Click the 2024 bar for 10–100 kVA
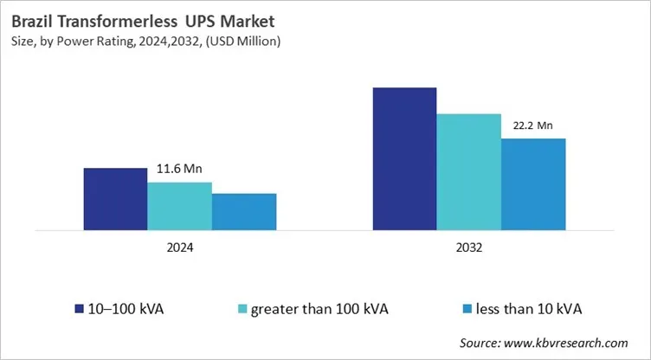(115, 199)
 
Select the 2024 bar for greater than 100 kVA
(179, 206)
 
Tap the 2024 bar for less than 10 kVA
(243, 211)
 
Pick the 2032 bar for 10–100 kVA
(404, 159)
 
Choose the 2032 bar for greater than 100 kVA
(468, 172)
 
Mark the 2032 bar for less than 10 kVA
(532, 184)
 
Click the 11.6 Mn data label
(179, 169)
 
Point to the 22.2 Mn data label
(532, 125)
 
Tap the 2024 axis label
(179, 247)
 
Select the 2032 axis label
(468, 247)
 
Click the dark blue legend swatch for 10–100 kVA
(80, 308)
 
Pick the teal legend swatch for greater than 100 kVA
(242, 308)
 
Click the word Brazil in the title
(32, 19)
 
